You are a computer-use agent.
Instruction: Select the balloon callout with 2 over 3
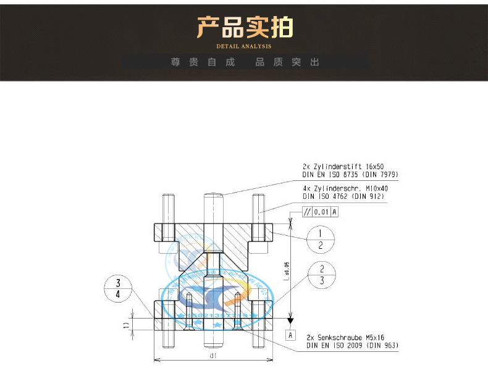(322, 275)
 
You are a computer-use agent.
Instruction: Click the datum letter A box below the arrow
(290, 335)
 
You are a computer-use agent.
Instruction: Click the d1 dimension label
(212, 356)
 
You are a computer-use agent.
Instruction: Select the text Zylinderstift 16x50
(350, 167)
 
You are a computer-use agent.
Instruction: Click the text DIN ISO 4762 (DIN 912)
(343, 196)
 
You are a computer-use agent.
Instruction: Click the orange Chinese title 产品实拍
(244, 28)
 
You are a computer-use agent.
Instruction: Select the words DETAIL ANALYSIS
(244, 46)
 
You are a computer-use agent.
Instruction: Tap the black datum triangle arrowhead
(290, 320)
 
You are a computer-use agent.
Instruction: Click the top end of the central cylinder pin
(213, 196)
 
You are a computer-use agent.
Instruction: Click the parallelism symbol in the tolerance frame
(307, 212)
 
